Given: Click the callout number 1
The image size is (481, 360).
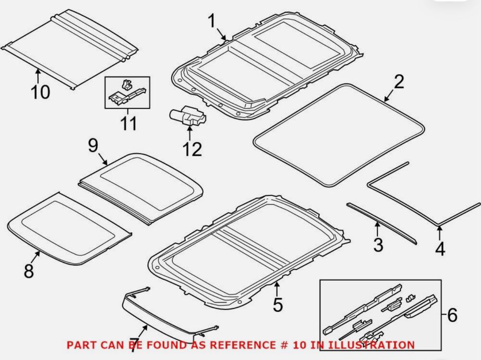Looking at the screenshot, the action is tap(212, 21).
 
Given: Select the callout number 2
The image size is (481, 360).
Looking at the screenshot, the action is tap(399, 82).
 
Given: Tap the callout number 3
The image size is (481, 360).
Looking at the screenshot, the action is tap(378, 245).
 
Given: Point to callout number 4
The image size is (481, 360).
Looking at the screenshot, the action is tap(440, 249).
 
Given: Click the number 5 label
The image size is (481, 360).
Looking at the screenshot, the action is tap(278, 305).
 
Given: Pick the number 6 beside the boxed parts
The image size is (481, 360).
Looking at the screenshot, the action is tap(452, 315).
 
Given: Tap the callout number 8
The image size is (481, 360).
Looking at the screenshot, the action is tap(29, 271).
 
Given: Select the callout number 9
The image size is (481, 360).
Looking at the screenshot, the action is tap(93, 145).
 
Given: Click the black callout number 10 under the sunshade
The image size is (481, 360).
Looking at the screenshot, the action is tap(40, 92).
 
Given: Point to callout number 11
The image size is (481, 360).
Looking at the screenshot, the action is tap(129, 124).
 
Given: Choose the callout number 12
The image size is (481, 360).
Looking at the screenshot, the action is tap(192, 149).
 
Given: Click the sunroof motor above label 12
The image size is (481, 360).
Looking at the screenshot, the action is tap(188, 116).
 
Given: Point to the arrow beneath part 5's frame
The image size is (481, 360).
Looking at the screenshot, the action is tap(277, 289).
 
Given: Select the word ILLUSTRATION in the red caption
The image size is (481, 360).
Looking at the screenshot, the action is tap(371, 345).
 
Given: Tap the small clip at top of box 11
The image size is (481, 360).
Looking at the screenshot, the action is tap(126, 84).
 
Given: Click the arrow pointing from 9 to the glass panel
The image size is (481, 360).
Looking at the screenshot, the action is tap(103, 160).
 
